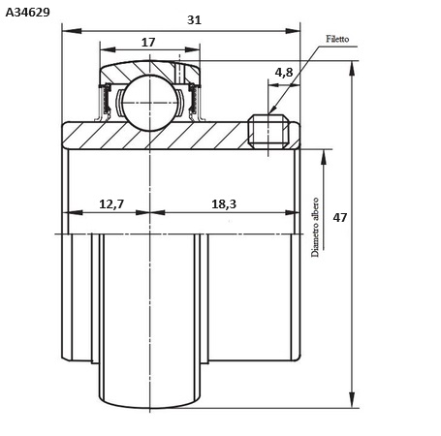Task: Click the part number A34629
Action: coord(28,13)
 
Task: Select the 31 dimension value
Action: coord(194,20)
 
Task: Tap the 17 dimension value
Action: coord(148,42)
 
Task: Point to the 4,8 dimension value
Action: coord(284,73)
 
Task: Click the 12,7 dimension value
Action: coord(111,204)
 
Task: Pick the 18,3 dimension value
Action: coord(224,204)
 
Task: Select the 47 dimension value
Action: coord(340,218)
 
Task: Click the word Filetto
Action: coord(337,39)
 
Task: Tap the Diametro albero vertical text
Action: coord(315,227)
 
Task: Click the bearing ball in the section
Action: coord(150,103)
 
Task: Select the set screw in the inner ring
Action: coord(268,131)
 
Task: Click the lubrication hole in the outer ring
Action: coord(179,73)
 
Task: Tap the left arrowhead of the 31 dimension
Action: coord(72,31)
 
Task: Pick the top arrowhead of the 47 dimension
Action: coord(352,70)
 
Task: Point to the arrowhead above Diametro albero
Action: coord(324,159)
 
